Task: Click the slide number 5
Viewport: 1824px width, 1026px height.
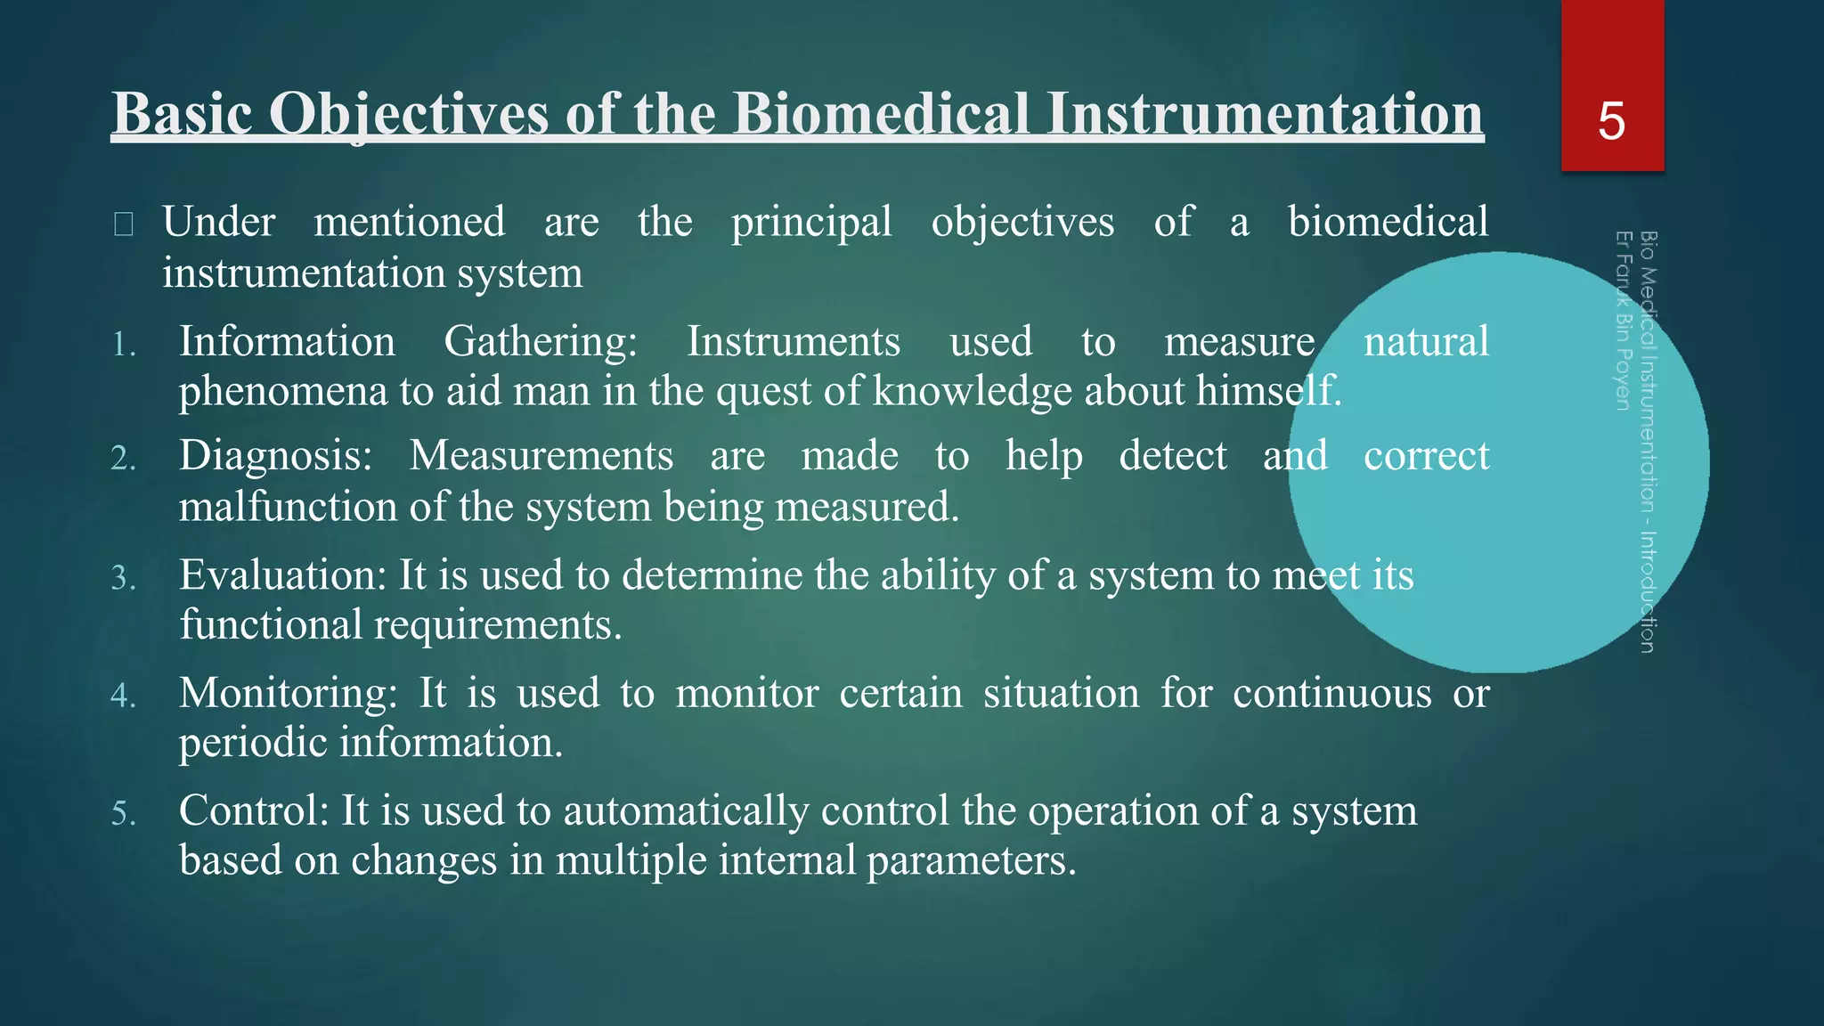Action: (x=1611, y=121)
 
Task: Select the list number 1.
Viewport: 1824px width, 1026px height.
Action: (x=124, y=345)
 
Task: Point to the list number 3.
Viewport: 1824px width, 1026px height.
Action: (x=124, y=579)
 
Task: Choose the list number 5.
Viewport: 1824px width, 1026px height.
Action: (x=124, y=814)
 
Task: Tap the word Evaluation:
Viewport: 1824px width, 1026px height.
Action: (x=282, y=575)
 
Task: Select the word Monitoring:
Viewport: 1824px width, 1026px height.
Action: (x=288, y=693)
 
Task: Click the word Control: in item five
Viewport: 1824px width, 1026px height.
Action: (x=255, y=810)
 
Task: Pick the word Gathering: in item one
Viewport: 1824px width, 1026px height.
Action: (x=541, y=342)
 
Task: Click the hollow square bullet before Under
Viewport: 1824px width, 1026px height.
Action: (x=124, y=224)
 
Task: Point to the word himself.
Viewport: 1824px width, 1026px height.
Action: (x=1268, y=391)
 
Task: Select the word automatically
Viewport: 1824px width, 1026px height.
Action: (x=685, y=811)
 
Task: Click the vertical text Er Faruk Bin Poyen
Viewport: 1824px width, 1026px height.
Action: (x=1624, y=321)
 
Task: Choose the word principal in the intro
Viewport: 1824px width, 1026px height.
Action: (x=811, y=223)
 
